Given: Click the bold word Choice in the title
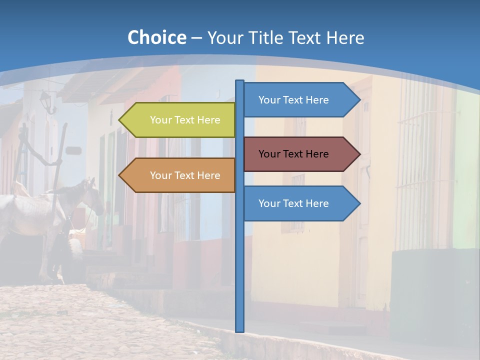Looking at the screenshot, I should pyautogui.click(x=156, y=37).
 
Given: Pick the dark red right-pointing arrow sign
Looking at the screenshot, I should pyautogui.click(x=297, y=154).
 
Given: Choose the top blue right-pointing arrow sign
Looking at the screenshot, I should pyautogui.click(x=297, y=100).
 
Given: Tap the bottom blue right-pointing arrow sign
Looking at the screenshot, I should pyautogui.click(x=297, y=203).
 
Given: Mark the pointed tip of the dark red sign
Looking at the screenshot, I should pyautogui.click(x=359, y=154).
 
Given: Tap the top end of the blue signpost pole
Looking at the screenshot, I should pyautogui.click(x=240, y=82).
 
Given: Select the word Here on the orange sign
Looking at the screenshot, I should pyautogui.click(x=208, y=175).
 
